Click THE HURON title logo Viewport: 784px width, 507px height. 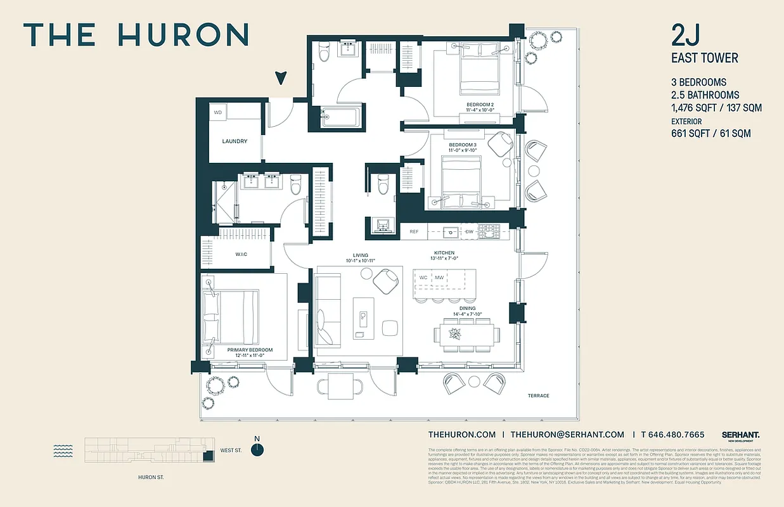[x=136, y=35]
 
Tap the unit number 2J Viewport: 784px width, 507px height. [x=686, y=35]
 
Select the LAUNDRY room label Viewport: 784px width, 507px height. [x=235, y=141]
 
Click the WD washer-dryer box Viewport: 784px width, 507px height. [x=218, y=112]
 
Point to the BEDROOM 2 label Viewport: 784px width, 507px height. [x=480, y=104]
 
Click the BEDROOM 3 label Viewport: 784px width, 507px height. [x=462, y=144]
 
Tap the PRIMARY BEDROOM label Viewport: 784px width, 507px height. [x=250, y=350]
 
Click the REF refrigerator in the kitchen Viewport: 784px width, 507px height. [x=414, y=232]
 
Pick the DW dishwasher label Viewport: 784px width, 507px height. [x=469, y=232]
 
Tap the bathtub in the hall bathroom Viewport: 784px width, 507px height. [x=341, y=117]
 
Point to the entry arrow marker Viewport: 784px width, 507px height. [x=281, y=79]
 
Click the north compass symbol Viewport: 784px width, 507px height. [x=257, y=449]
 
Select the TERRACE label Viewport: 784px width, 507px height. [x=538, y=396]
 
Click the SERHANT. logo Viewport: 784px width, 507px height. [x=740, y=435]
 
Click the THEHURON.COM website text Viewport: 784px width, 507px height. [x=461, y=435]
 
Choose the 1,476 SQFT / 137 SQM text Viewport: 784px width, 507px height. [x=716, y=108]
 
